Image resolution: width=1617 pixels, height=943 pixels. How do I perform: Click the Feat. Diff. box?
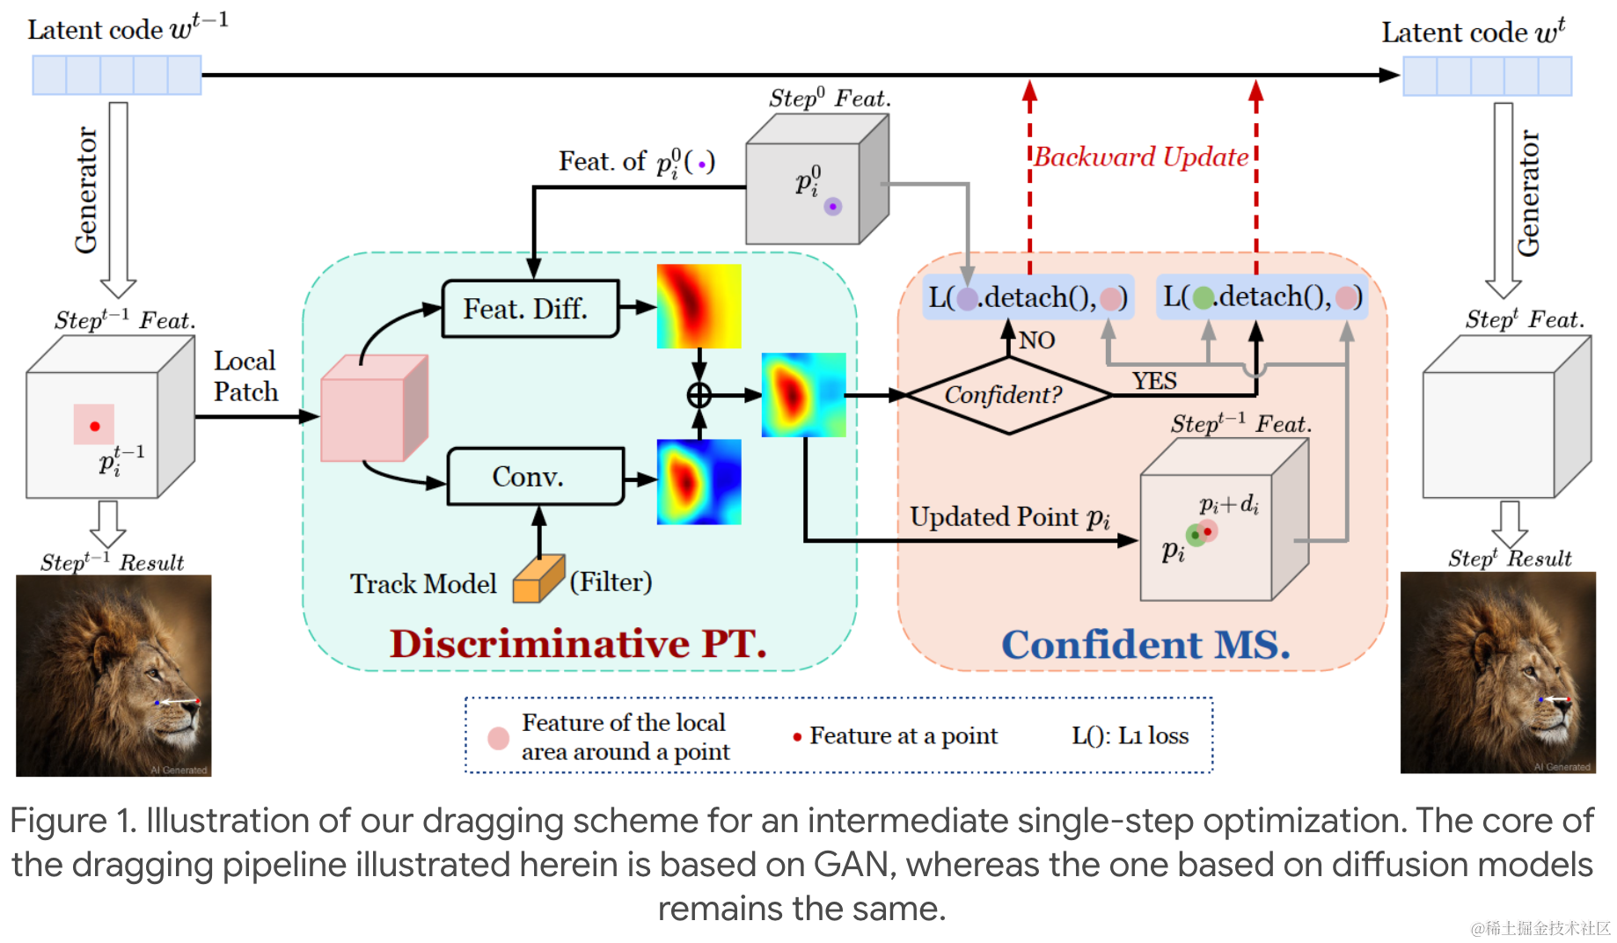[530, 309]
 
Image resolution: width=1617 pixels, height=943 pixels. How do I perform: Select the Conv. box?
[536, 477]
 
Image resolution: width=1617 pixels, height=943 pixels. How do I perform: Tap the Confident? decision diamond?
[1008, 395]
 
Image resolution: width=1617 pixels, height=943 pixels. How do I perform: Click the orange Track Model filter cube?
[538, 579]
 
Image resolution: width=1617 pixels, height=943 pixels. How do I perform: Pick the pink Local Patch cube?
[374, 408]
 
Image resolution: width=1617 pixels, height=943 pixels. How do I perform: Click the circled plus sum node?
[699, 396]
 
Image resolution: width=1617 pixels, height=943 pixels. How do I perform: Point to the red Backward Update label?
[1141, 157]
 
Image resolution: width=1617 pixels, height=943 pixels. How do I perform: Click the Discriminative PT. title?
[579, 643]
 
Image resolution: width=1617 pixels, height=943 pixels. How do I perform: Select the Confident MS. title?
[1145, 645]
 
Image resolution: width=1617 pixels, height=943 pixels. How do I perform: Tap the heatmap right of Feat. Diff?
[699, 306]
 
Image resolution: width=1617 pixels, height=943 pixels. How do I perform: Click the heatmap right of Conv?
[699, 482]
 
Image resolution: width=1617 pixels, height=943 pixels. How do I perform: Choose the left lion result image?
[113, 676]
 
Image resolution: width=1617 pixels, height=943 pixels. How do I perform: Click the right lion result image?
[1498, 673]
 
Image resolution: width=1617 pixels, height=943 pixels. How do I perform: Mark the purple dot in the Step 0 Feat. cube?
[833, 207]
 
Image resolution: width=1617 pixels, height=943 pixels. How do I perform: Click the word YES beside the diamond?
[1154, 381]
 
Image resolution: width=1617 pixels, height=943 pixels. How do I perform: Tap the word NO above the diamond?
[1037, 340]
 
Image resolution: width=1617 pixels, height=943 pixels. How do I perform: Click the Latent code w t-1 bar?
[117, 75]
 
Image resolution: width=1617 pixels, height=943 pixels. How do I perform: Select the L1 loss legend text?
[1130, 735]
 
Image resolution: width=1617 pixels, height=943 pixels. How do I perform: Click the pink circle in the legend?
[499, 738]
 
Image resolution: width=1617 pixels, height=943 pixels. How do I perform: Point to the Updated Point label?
[1010, 517]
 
